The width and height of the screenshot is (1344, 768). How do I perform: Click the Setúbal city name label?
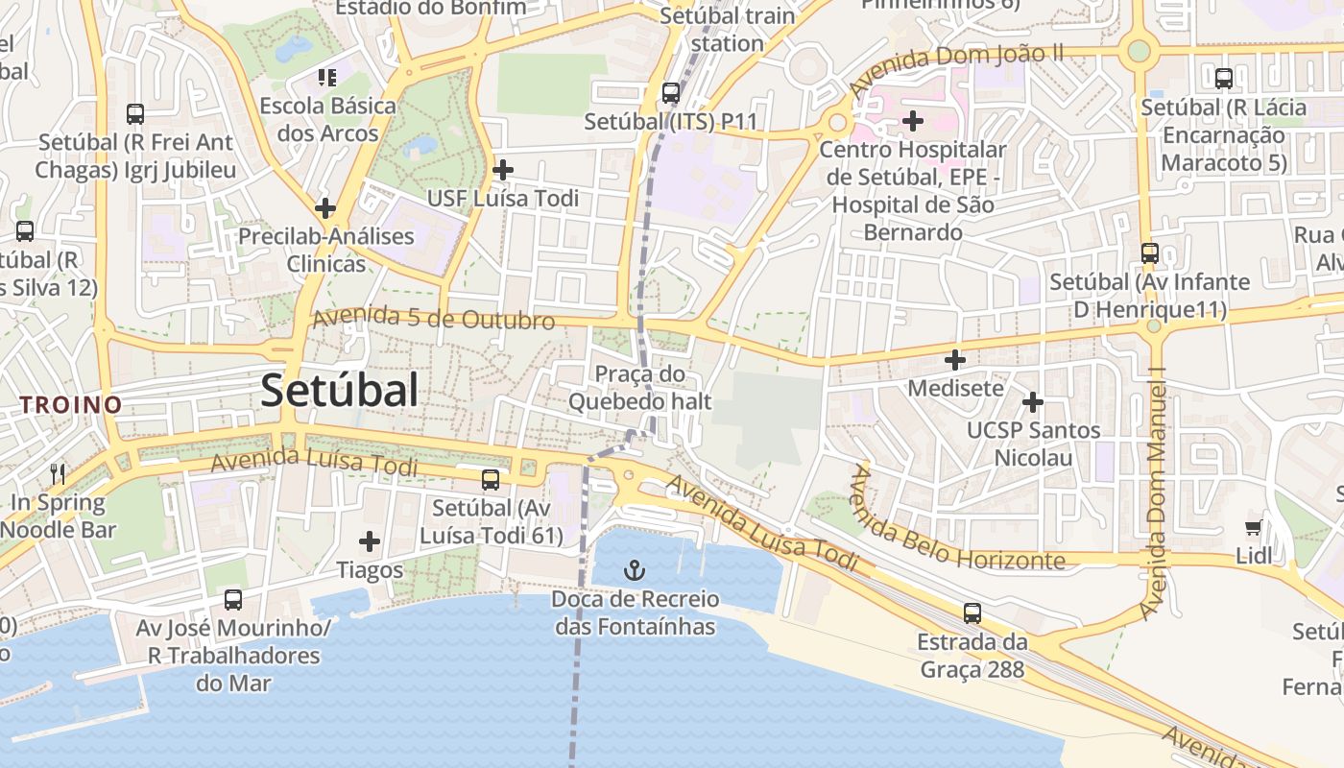pos(339,391)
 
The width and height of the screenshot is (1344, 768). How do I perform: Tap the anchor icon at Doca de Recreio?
pos(634,571)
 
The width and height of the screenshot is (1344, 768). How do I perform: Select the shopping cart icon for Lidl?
pos(1254,527)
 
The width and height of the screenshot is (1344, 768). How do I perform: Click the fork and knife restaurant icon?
pos(58,473)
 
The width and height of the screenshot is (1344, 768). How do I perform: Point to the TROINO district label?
pos(72,405)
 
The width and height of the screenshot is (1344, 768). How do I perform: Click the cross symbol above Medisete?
pos(955,360)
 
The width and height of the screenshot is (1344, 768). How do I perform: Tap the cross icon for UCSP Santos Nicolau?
pos(1033,401)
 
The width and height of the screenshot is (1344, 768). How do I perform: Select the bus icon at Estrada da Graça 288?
pos(972,612)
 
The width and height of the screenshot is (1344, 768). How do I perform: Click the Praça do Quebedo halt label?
pos(640,388)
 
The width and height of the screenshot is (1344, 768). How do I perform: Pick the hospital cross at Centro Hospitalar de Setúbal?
pos(913,121)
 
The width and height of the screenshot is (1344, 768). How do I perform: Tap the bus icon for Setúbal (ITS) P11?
pos(671,93)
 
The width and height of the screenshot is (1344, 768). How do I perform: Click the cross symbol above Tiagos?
pos(370,541)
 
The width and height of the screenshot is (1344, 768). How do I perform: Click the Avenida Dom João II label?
pos(956,70)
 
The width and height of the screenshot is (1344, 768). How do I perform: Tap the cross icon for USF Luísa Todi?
pos(502,171)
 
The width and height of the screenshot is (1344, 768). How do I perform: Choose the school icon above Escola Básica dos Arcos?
pos(327,77)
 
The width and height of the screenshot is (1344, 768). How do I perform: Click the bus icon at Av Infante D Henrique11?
pos(1150,253)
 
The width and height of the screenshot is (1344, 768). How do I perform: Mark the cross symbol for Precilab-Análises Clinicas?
pos(325,207)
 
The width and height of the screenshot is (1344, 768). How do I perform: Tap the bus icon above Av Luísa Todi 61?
pos(491,479)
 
